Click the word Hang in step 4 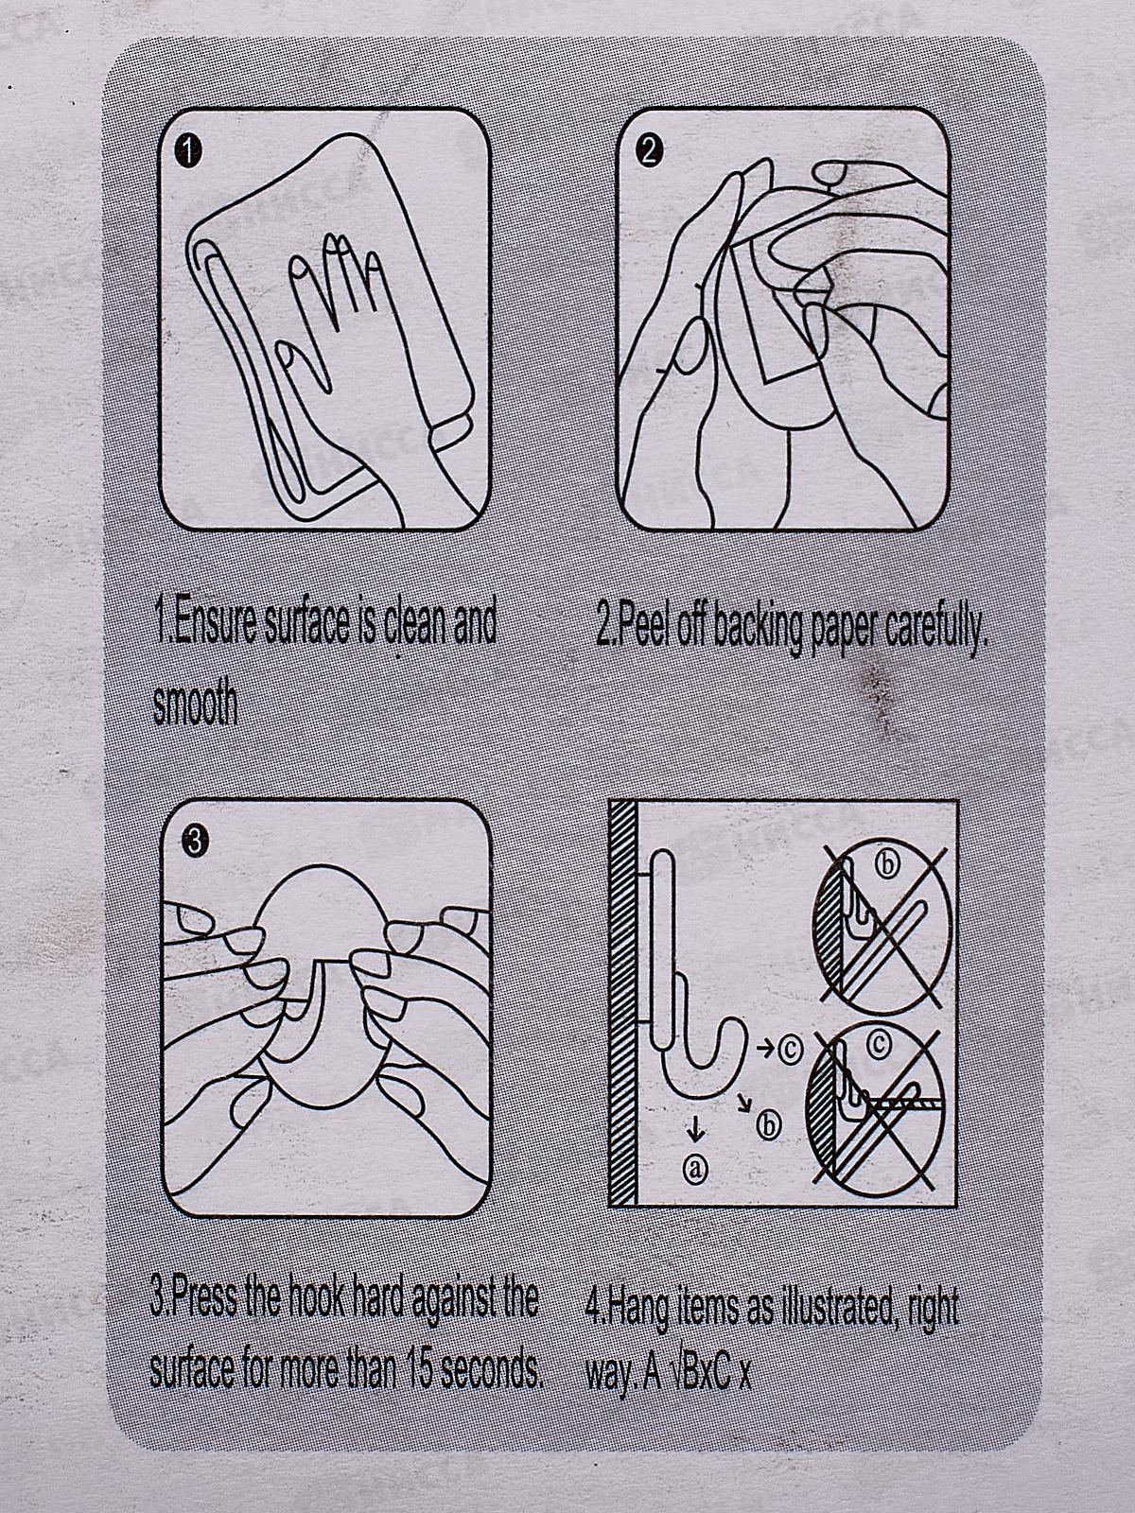coord(635,1306)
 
